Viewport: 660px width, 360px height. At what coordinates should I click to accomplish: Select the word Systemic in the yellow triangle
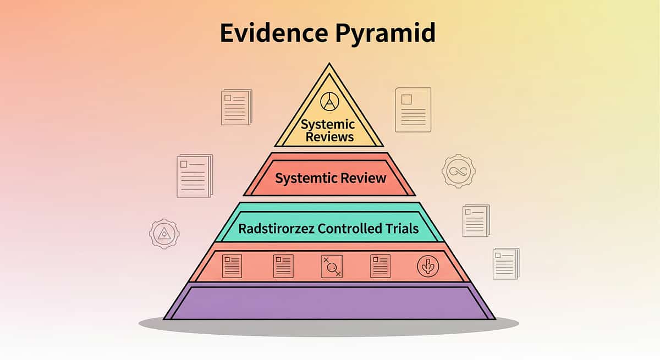click(328, 125)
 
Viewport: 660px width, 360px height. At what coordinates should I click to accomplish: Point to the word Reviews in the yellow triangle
click(329, 137)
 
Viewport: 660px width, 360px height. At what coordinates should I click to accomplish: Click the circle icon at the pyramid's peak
click(329, 101)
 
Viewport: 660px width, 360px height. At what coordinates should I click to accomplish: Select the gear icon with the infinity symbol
click(458, 171)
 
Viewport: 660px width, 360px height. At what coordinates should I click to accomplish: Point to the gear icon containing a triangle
click(164, 234)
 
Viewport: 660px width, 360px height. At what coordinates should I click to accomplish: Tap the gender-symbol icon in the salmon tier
click(332, 266)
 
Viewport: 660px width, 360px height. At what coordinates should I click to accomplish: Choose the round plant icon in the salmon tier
click(428, 266)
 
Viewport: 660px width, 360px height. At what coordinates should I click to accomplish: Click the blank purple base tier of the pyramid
click(330, 302)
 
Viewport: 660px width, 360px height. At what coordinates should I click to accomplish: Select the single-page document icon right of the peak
click(413, 110)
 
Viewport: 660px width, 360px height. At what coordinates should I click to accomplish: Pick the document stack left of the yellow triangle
click(236, 107)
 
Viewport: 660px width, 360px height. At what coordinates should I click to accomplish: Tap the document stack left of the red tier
click(194, 175)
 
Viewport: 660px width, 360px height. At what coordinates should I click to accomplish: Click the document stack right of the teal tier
click(476, 220)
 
